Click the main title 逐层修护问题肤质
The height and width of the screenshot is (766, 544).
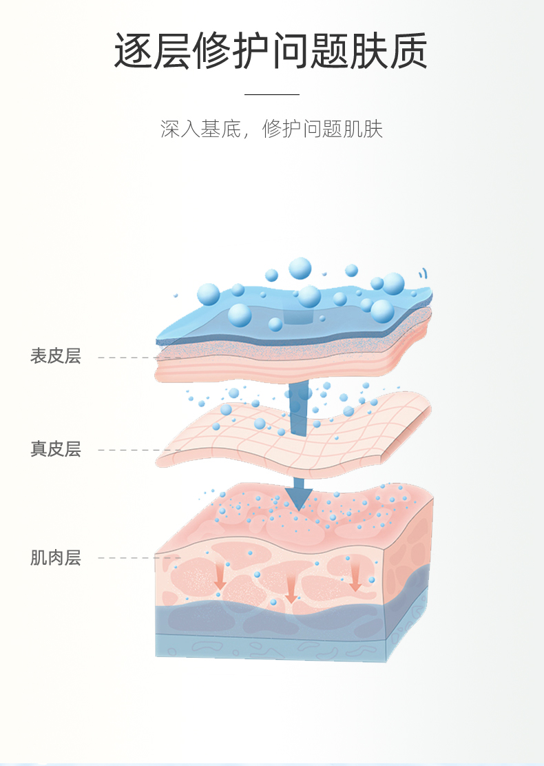point(271,50)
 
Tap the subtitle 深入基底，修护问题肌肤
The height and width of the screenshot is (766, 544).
point(271,129)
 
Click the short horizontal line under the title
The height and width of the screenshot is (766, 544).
point(272,94)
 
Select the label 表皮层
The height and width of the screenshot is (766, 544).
point(56,355)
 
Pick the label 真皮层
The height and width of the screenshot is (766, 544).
point(56,449)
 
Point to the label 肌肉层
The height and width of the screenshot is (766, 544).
point(56,557)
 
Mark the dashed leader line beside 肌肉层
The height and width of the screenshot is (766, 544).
point(139,558)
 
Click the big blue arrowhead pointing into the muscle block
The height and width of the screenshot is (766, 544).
point(299,497)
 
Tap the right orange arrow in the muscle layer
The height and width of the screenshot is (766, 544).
point(355,577)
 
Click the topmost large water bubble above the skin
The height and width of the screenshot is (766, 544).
point(300,269)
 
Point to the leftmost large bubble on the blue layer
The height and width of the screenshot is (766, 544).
point(209,295)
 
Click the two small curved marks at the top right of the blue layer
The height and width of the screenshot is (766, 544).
point(424,273)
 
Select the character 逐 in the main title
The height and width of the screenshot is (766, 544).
point(134,51)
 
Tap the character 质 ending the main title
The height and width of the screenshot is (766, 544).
point(409,51)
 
